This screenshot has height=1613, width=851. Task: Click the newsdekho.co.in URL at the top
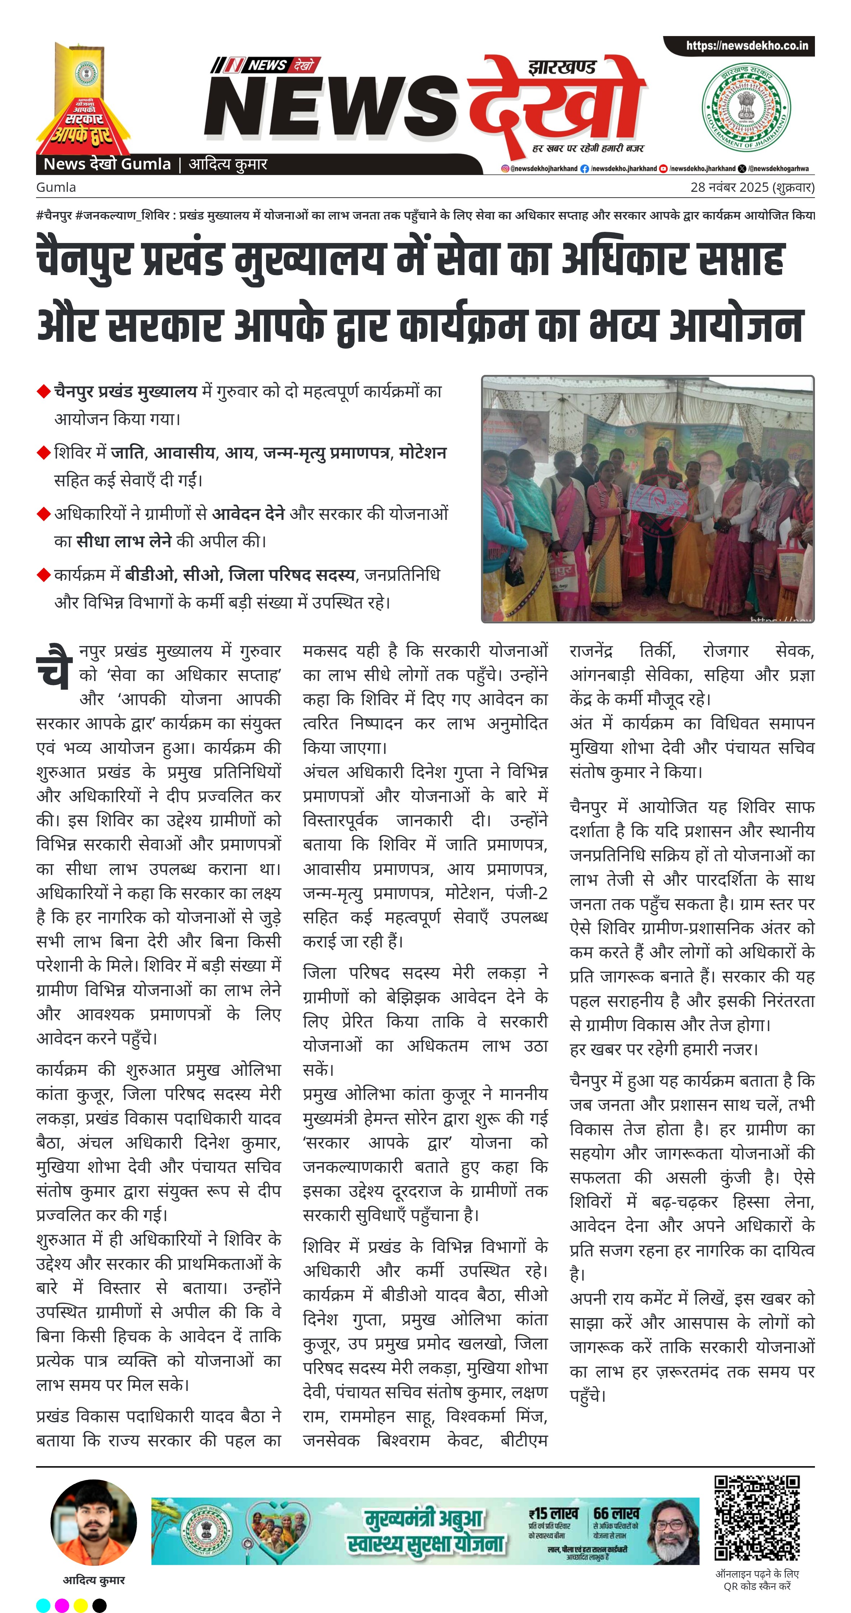[x=746, y=46]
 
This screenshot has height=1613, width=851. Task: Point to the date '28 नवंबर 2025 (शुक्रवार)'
[x=752, y=187]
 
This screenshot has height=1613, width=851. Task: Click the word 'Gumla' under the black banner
[x=56, y=187]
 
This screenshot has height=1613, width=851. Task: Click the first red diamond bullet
[x=43, y=392]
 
